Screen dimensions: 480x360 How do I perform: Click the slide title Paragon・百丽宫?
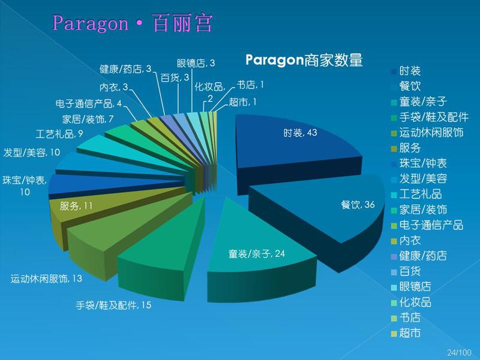tap(132, 23)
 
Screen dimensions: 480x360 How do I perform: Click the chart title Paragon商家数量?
tap(304, 59)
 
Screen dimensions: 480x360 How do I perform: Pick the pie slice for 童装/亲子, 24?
tap(257, 248)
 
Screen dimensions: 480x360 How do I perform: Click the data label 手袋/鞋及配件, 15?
tap(113, 305)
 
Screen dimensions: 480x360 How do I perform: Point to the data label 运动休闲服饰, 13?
tap(46, 278)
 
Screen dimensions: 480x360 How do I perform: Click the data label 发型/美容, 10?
tap(32, 152)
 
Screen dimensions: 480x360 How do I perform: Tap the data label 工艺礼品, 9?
tap(59, 134)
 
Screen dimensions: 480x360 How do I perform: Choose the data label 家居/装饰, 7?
tap(88, 119)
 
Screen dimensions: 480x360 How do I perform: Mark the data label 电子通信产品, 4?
tap(88, 103)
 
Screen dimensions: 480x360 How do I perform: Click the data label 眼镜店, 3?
tap(196, 63)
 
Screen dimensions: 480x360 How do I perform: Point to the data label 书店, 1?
tap(250, 85)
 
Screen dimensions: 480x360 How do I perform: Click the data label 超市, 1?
tap(242, 101)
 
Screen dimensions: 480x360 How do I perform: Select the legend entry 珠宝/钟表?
tap(419, 163)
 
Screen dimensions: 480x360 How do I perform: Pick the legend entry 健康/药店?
tap(419, 256)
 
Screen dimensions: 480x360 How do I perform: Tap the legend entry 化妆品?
tap(412, 302)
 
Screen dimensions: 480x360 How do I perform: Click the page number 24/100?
tap(459, 352)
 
